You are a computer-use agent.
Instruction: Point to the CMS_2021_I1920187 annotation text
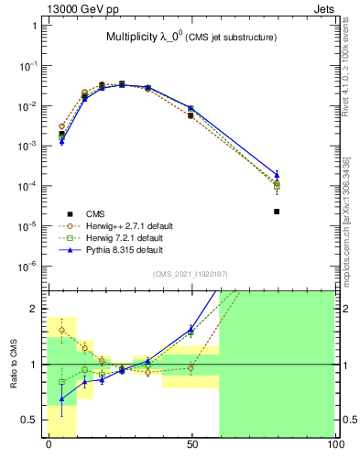[x=191, y=274]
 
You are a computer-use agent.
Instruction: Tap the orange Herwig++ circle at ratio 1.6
[x=61, y=331]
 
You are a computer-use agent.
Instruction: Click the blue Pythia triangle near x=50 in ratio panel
[x=191, y=329]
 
